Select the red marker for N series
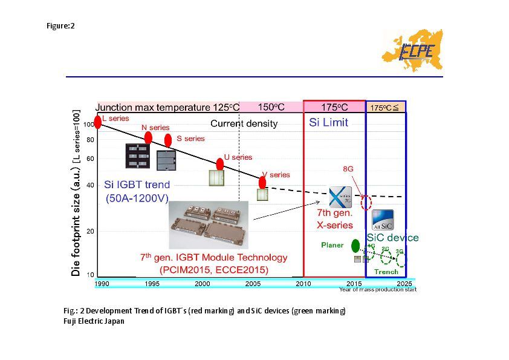coord(148,137)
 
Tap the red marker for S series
coord(168,140)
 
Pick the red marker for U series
coord(220,164)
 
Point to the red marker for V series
coord(262,182)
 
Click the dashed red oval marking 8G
coord(365,202)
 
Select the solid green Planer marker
coord(355,245)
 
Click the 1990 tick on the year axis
coord(102,283)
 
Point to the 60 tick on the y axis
coord(89,159)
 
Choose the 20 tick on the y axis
coord(89,232)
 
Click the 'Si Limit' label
coord(329,122)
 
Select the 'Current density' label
coord(244,124)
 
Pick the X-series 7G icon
coord(339,197)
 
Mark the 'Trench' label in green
coord(386,272)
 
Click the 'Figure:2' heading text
coord(60,26)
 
